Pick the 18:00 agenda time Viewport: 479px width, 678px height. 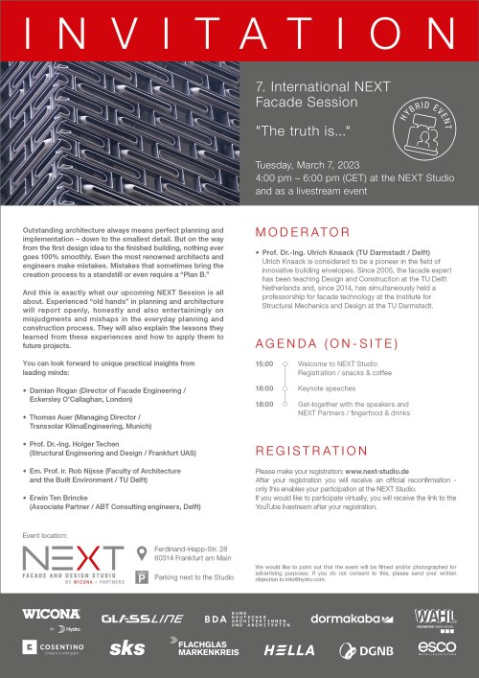264,404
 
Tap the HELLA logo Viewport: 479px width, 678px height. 289,649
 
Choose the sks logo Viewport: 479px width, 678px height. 127,649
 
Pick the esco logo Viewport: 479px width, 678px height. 436,649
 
